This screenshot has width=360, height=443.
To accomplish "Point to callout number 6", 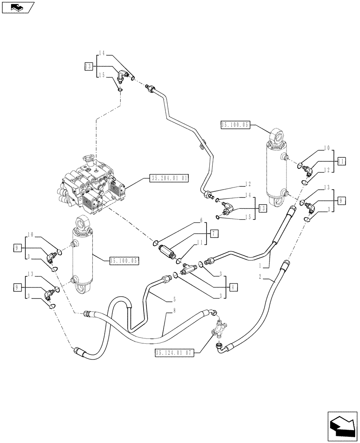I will [x=201, y=220].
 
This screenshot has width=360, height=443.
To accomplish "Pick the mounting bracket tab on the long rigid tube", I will [x=200, y=144].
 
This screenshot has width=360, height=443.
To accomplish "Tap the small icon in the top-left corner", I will [x=17, y=7].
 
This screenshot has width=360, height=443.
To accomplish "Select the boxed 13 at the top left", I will [x=88, y=66].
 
